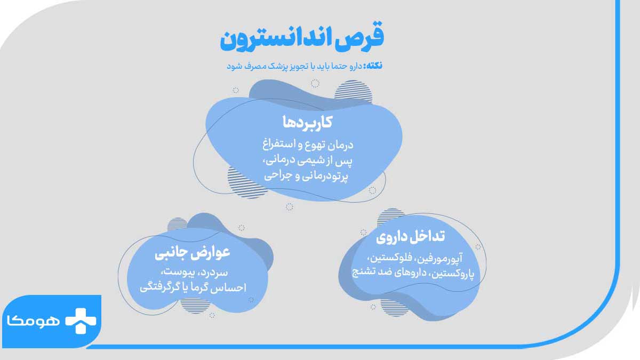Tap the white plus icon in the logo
click(x=81, y=319)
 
